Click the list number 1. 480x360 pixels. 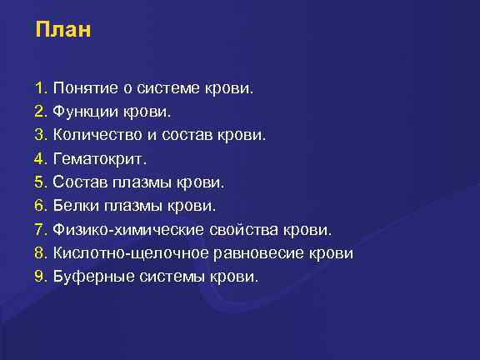point(40,87)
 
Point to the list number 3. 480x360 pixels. point(40,133)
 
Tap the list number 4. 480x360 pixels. point(40,157)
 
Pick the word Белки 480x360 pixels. point(74,204)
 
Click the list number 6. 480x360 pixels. point(40,204)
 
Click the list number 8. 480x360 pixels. point(40,252)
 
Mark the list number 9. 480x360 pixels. point(40,275)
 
